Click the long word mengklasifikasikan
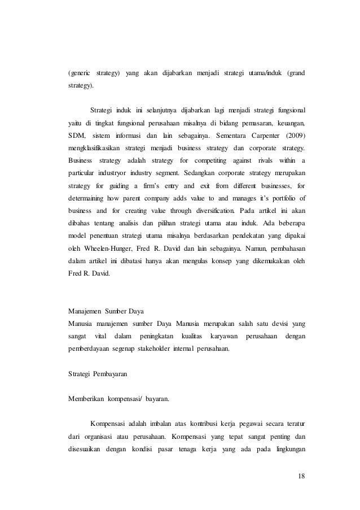tap(92, 149)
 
